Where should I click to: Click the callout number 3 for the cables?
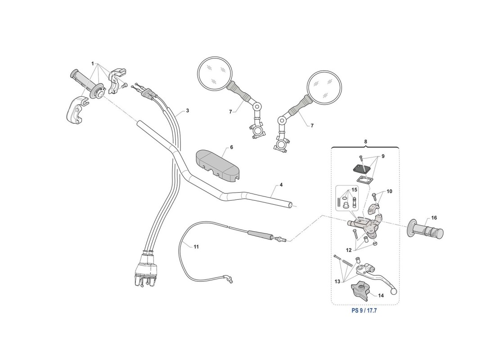[188, 111]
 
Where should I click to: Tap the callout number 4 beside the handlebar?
[281, 185]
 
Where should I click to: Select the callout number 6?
[232, 148]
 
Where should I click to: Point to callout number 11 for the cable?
[196, 247]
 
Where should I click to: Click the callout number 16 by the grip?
[434, 218]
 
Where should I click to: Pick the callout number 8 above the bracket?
[365, 142]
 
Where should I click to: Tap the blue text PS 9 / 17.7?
[364, 310]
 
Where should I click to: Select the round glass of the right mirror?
[324, 87]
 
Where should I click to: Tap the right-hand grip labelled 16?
[426, 229]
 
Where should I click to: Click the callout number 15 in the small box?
[354, 190]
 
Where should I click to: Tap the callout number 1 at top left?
[93, 64]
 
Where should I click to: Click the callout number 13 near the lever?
[337, 281]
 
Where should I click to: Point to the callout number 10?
[389, 191]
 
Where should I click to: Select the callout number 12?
[348, 250]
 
